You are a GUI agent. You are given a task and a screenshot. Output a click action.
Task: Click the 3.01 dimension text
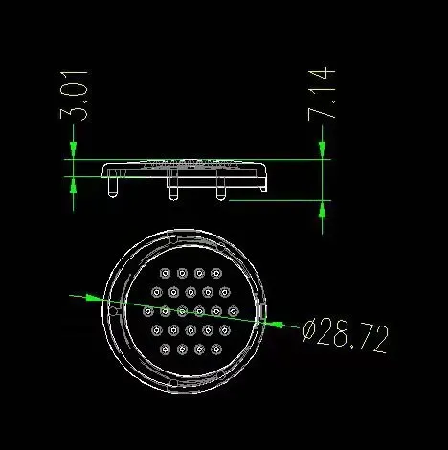click(x=74, y=96)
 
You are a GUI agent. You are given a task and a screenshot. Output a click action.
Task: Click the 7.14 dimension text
click(x=322, y=94)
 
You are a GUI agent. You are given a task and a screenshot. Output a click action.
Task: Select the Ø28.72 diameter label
click(x=346, y=337)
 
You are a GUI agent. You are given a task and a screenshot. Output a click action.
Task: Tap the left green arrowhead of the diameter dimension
click(x=95, y=298)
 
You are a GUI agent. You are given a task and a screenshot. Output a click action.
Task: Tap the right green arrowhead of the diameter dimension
click(x=274, y=324)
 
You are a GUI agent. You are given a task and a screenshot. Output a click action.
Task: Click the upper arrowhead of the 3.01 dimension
click(x=74, y=150)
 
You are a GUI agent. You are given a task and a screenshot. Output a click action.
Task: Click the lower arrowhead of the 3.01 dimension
click(x=74, y=186)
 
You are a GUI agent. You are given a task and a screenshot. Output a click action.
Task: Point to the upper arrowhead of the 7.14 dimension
click(x=322, y=150)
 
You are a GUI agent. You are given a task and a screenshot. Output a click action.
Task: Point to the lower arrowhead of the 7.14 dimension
click(x=322, y=210)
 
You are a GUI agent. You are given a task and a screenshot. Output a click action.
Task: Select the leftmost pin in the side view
click(x=113, y=188)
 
